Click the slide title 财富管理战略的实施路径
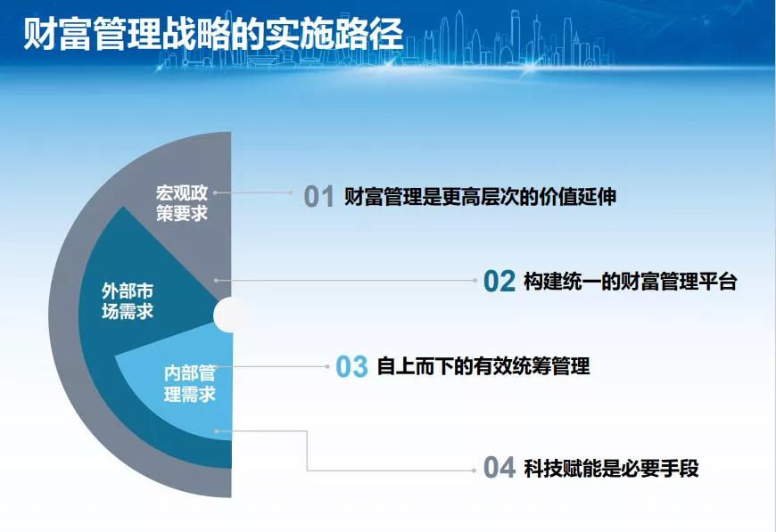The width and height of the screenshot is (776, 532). coord(213,34)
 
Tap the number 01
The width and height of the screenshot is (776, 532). coord(319,196)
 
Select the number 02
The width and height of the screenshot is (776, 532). coord(499,282)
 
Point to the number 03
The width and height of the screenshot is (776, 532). coord(351,367)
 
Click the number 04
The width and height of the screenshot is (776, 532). coord(499,468)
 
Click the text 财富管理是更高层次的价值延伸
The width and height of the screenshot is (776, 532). coord(480,197)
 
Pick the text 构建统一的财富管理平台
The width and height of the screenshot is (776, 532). coord(631,282)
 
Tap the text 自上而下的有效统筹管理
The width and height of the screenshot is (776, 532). coord(483,366)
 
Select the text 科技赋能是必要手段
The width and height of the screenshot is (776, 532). coord(611,468)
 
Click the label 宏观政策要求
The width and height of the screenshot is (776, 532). coord(182,203)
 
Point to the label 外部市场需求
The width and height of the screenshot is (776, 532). coord(128,301)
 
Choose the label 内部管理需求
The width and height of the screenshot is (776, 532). coord(190,384)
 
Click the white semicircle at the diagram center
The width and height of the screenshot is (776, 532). coord(224,315)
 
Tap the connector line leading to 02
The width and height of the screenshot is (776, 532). coord(346,281)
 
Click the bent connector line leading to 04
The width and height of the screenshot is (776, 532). coord(307,450)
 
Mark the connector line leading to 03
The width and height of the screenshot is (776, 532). coord(272,366)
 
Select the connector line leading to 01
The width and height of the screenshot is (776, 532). coord(253,192)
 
